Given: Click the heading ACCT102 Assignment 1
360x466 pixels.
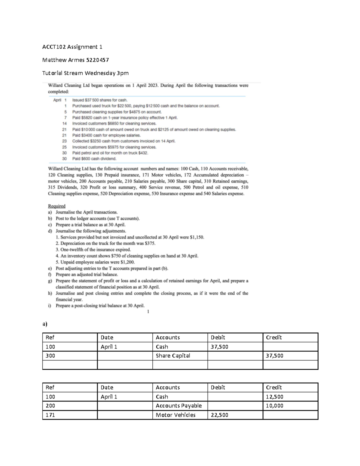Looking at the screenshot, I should pyautogui.click(x=72, y=47).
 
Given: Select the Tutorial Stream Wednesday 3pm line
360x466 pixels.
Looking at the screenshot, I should pyautogui.click(x=85, y=73).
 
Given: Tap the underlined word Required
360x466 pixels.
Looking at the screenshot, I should pyautogui.click(x=57, y=206).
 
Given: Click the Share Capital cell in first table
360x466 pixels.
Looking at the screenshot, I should pyautogui.click(x=173, y=356).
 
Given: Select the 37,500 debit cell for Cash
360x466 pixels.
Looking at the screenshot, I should pyautogui.click(x=219, y=347).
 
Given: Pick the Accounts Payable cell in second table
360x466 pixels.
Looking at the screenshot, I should pyautogui.click(x=178, y=406).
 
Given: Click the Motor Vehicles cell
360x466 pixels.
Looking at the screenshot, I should pyautogui.click(x=175, y=415).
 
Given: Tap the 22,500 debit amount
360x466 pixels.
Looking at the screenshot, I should pyautogui.click(x=219, y=415).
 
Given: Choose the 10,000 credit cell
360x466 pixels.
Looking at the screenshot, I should pyautogui.click(x=274, y=406).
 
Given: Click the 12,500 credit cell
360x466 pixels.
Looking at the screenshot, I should pyautogui.click(x=274, y=397).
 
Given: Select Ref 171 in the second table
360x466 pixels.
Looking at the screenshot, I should pyautogui.click(x=50, y=415).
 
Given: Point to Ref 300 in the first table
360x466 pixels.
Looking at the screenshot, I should pyautogui.click(x=50, y=356).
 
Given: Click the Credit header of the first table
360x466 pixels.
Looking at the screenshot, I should pyautogui.click(x=274, y=337).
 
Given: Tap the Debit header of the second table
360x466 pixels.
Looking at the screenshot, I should pyautogui.click(x=218, y=387).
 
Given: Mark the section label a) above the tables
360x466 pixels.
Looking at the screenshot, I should pyautogui.click(x=45, y=324).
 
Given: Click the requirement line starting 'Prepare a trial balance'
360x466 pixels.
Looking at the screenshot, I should pyautogui.click(x=90, y=225).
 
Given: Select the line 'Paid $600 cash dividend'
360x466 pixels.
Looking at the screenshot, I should pyautogui.click(x=94, y=159).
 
